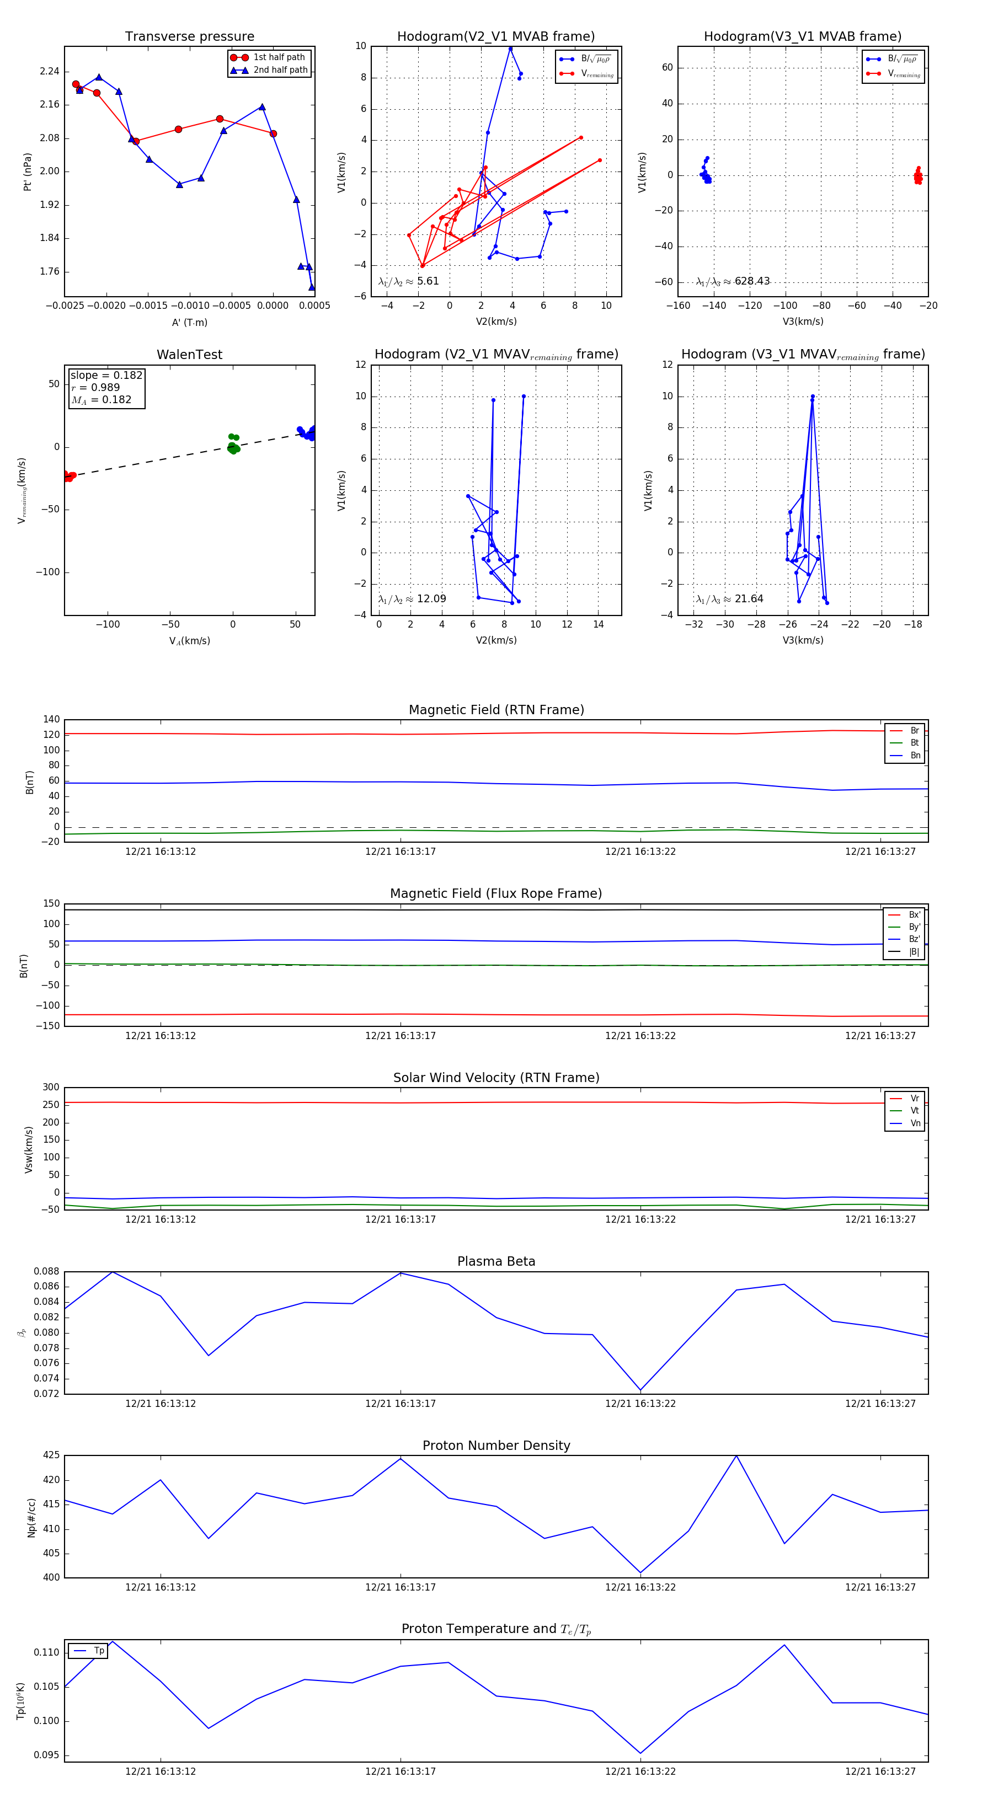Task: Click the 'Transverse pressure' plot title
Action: click(189, 37)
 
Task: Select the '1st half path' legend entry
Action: click(279, 57)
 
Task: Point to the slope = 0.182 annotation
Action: click(106, 375)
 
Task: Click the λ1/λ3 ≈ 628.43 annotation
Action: click(733, 281)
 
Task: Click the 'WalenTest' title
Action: click(189, 355)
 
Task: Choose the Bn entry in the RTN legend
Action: click(915, 755)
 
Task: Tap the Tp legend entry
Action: click(98, 1651)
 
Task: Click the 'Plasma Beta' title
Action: click(496, 1262)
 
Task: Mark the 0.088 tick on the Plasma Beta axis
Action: click(47, 1272)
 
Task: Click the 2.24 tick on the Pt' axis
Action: click(50, 71)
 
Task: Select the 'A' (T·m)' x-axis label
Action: click(189, 323)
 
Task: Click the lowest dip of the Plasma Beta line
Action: click(640, 1390)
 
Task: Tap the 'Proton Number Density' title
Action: click(496, 1446)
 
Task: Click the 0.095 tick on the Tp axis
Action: click(47, 1755)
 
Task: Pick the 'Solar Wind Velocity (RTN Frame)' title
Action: click(496, 1078)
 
